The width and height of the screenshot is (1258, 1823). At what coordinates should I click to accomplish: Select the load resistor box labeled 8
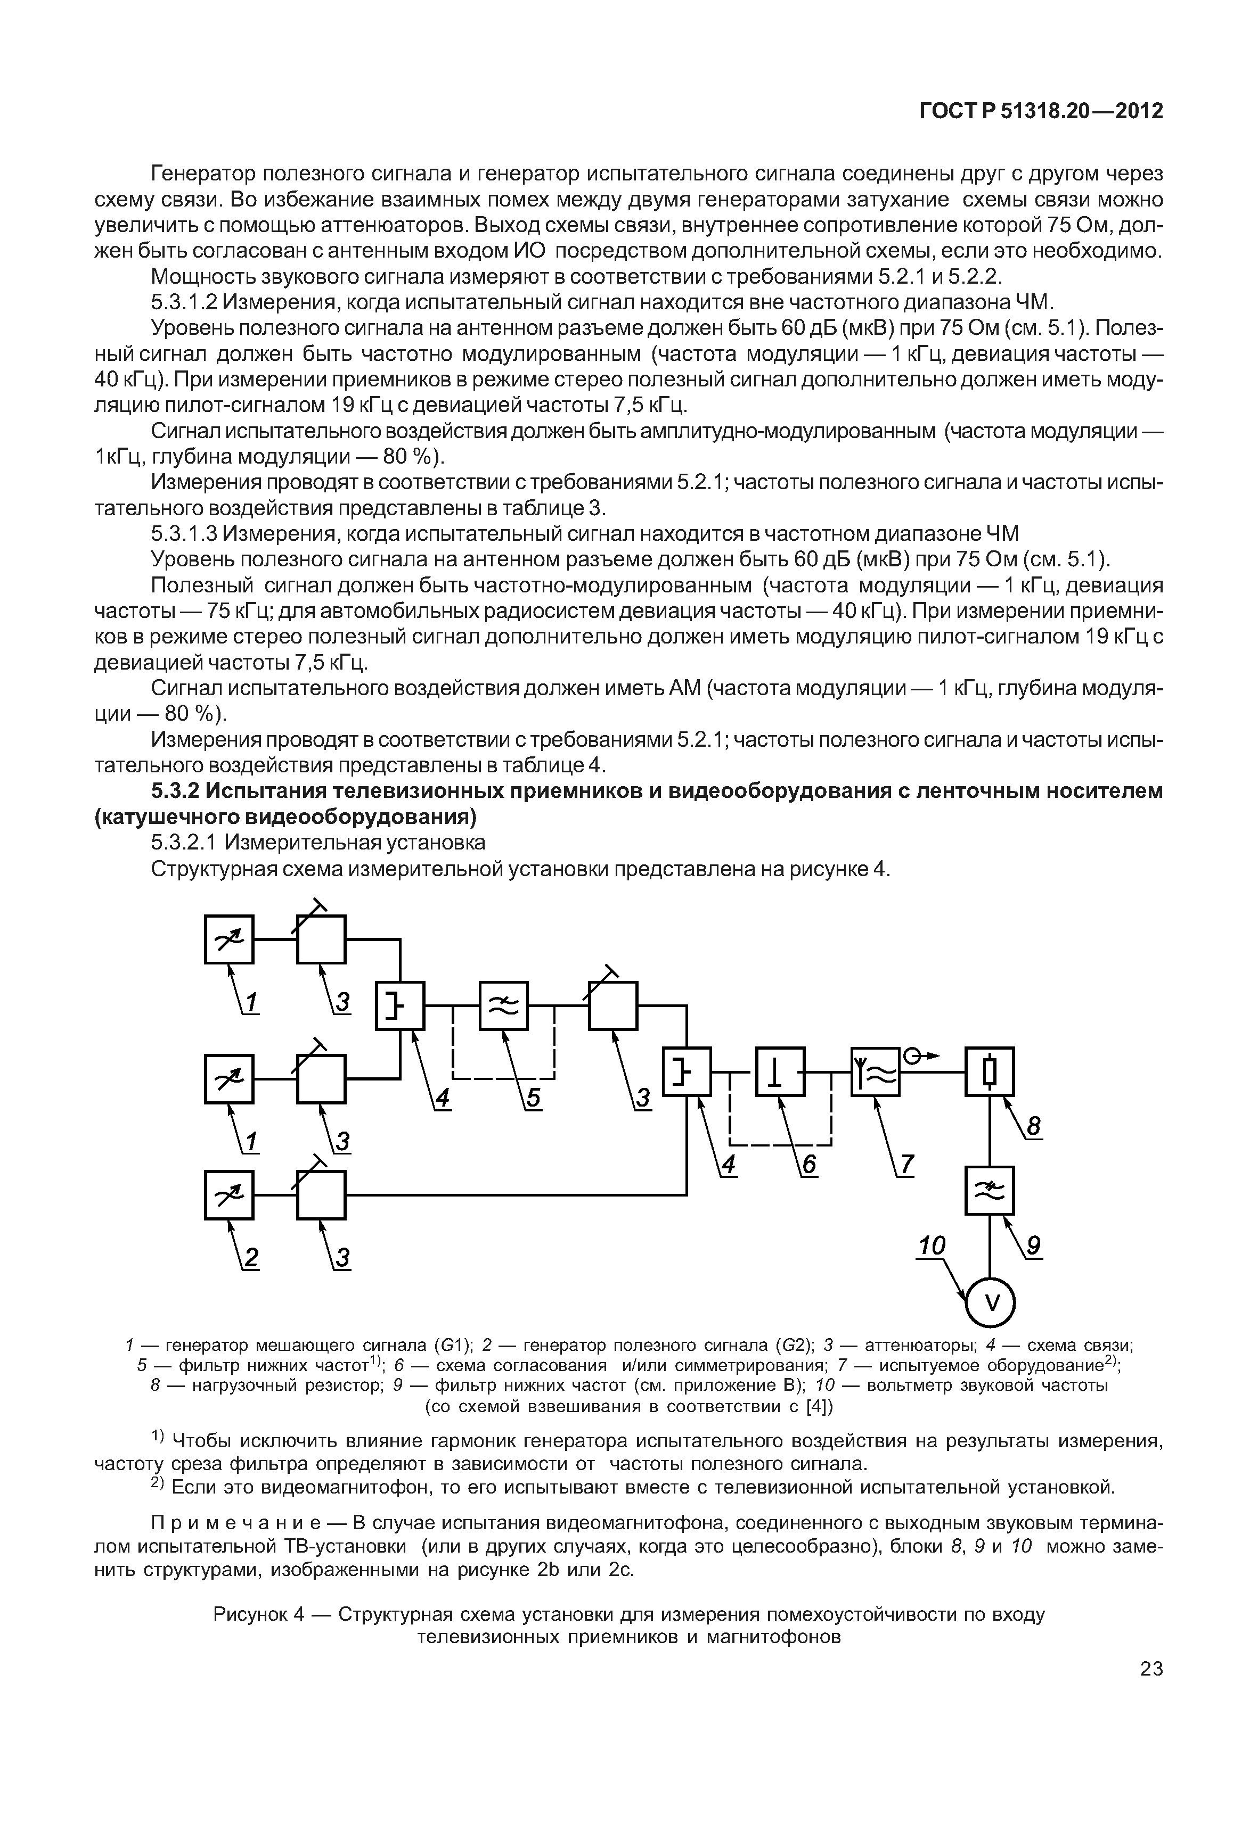pos(990,1072)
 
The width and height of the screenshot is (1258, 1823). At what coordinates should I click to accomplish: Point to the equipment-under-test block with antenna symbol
pos(875,1072)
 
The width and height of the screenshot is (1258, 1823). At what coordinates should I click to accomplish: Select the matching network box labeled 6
pos(780,1072)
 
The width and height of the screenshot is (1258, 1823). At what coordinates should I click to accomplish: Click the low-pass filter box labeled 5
pos(504,1006)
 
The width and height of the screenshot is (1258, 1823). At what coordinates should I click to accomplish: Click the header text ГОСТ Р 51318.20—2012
pos(1041,111)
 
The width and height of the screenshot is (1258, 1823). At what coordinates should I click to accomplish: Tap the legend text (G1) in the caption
pos(453,1345)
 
